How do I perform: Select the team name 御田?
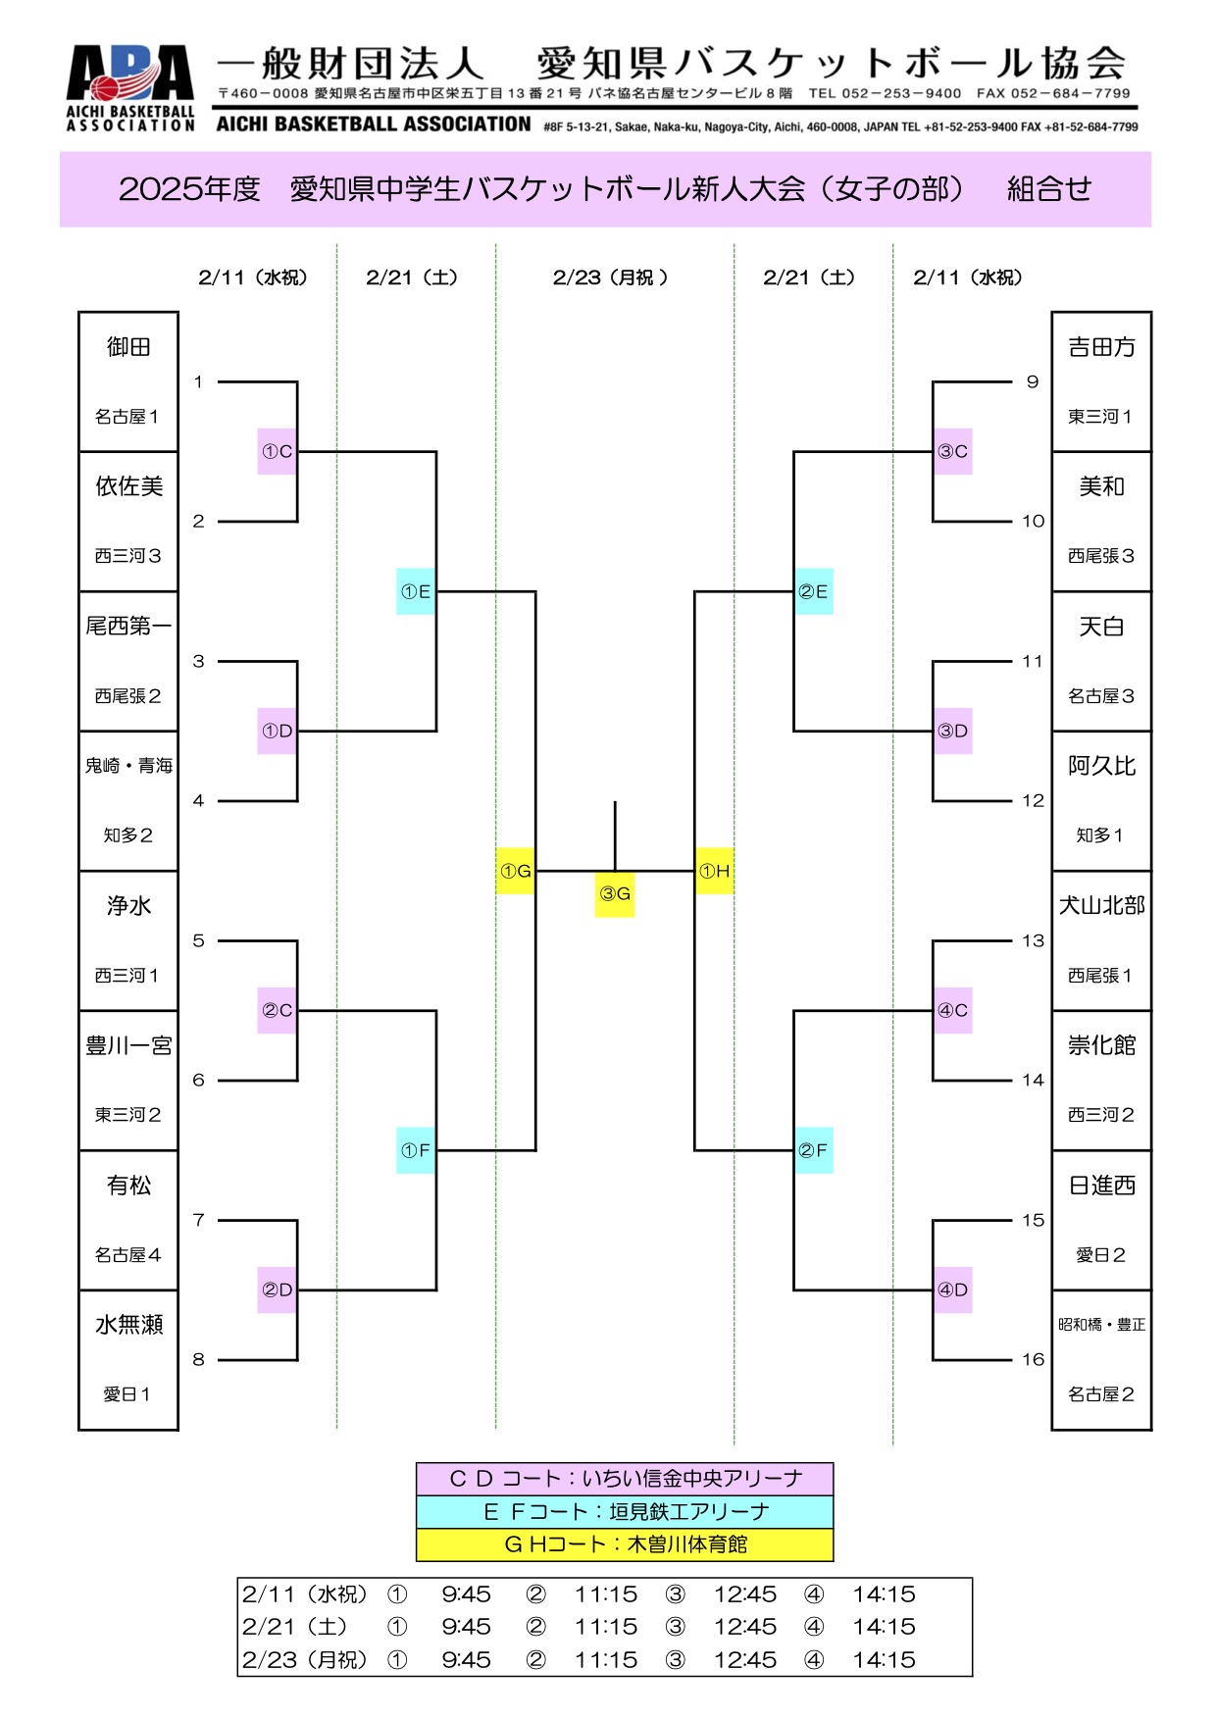128,347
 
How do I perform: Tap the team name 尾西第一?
128,626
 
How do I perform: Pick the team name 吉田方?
1101,347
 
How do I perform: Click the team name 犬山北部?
1101,905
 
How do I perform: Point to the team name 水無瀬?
128,1325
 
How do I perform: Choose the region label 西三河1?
127,975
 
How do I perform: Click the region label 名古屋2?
1100,1393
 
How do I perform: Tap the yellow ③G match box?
615,893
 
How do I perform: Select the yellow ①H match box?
714,871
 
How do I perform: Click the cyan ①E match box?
416,591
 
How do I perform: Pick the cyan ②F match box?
813,1150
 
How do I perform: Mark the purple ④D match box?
952,1289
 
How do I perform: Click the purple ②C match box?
278,1010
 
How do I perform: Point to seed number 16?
1033,1359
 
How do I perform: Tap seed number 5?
198,940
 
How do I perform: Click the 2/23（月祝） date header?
610,278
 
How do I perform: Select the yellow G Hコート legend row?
625,1544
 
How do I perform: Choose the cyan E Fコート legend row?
625,1511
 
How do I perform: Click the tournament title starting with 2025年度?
605,189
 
